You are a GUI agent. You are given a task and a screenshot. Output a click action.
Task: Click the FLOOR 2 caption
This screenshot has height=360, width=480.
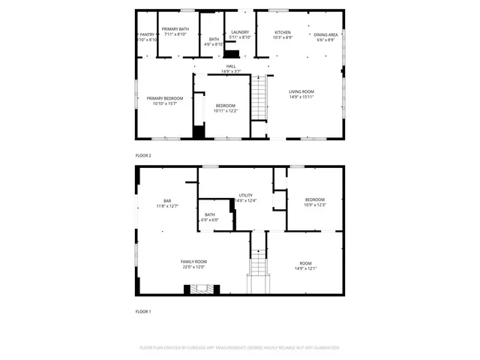point(143,155)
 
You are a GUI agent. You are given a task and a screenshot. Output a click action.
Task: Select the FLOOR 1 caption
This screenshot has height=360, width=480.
point(143,310)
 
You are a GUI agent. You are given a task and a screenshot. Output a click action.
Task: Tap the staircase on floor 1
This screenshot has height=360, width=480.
point(258,264)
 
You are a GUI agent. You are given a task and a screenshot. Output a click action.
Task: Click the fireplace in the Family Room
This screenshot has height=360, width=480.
point(199,289)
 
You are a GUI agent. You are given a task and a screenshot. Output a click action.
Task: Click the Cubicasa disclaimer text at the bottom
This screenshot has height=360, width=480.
point(240,348)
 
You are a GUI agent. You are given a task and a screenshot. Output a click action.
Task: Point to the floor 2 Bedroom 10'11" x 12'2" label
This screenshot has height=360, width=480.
point(226,108)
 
